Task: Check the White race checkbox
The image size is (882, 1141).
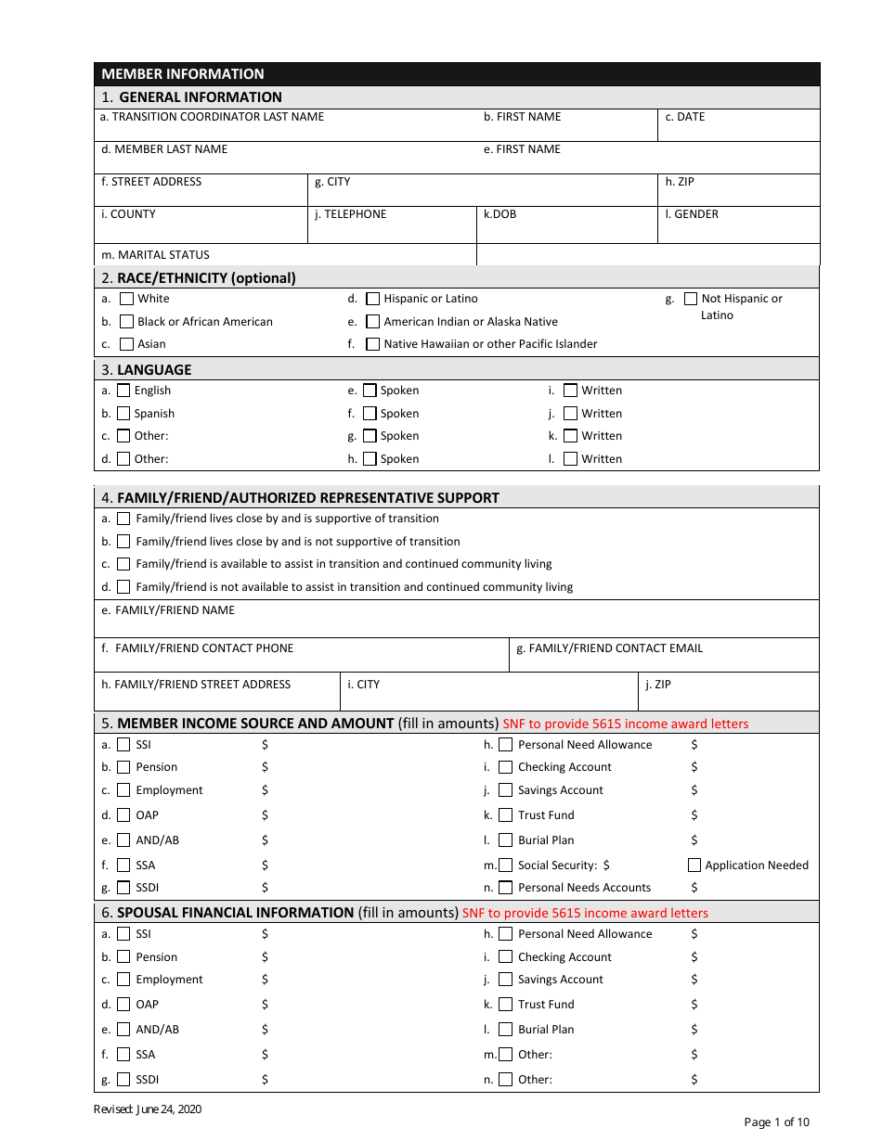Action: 127,299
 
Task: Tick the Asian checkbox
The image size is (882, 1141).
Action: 127,344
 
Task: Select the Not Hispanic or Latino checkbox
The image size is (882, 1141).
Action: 691,299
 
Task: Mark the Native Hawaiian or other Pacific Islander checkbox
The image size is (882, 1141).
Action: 373,344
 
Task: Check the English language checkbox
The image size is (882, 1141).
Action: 123,391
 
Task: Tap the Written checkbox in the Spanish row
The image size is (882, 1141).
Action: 571,414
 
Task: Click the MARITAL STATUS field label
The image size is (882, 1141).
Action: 155,255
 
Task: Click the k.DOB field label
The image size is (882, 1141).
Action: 499,214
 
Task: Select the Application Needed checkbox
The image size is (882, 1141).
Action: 694,865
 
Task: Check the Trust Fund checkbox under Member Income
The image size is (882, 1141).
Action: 506,815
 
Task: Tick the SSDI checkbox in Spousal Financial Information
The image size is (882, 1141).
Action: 123,1080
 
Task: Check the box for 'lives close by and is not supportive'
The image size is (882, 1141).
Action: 123,542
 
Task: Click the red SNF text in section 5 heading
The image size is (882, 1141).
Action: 625,724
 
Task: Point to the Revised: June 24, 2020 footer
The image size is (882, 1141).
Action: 148,1109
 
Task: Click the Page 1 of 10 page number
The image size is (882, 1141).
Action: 776,1122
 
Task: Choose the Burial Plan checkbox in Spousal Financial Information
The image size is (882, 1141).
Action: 506,1030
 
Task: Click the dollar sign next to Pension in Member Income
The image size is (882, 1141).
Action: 265,767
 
